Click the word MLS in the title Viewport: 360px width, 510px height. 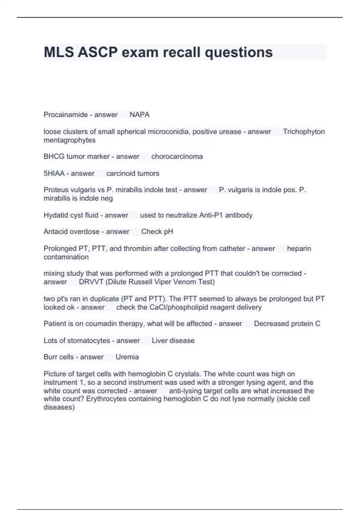[x=59, y=52]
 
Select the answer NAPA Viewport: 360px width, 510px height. [x=139, y=115]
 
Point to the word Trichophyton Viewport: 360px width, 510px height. [x=304, y=132]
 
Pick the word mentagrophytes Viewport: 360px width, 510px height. [x=69, y=140]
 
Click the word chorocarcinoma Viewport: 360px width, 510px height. [x=177, y=157]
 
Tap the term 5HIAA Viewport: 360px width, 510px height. [x=54, y=173]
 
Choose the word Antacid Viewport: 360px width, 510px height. [x=56, y=232]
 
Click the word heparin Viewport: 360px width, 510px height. [x=299, y=248]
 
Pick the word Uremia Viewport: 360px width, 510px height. [x=127, y=357]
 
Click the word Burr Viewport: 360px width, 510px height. [x=50, y=357]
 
